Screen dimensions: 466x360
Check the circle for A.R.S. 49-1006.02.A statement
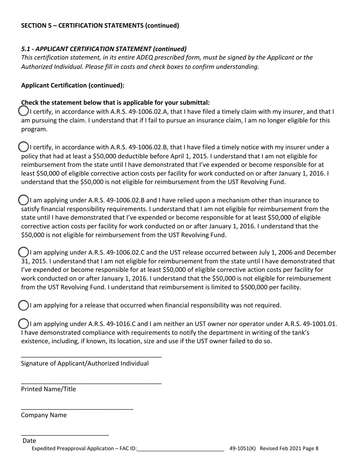click(23, 111)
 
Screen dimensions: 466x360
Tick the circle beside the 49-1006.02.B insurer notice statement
click(23, 147)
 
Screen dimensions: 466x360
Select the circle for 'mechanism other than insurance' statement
click(23, 200)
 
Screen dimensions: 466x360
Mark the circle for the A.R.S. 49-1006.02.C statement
click(23, 252)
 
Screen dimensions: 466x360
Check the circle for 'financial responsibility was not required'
click(23, 305)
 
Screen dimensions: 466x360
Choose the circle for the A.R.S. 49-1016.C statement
click(23, 324)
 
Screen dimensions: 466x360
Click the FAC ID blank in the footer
click(180, 449)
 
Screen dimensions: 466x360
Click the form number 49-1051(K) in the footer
click(243, 449)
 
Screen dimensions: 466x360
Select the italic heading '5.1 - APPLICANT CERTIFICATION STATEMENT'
click(104, 49)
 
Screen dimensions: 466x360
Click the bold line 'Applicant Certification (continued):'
click(73, 85)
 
